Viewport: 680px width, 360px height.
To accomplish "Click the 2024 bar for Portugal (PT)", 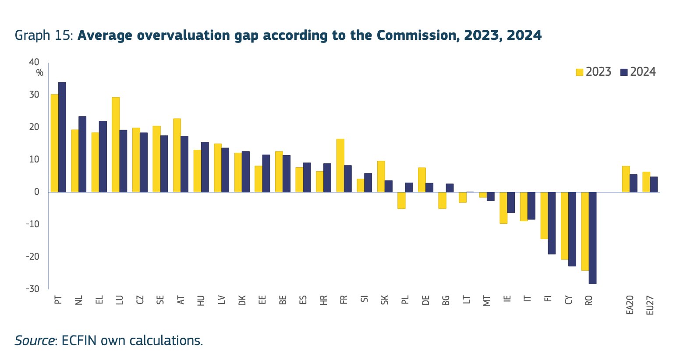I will tap(62, 137).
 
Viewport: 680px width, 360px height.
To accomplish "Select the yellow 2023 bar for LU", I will tap(116, 145).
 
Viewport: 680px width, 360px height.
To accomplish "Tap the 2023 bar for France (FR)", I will tap(340, 165).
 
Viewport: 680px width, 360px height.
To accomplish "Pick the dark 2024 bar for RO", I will tap(592, 238).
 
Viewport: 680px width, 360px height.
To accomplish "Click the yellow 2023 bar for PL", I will tap(401, 200).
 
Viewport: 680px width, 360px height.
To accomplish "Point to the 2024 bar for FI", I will tap(552, 223).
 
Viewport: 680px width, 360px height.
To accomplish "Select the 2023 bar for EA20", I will tap(626, 179).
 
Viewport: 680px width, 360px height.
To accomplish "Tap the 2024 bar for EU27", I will tap(654, 184).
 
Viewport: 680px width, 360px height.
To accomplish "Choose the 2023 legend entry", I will tap(593, 72).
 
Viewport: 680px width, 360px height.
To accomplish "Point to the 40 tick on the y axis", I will tap(34, 62).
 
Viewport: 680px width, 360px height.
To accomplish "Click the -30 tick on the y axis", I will tap(32, 289).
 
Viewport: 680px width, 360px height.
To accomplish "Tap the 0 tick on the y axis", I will tap(37, 192).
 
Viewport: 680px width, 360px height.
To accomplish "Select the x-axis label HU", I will tap(201, 300).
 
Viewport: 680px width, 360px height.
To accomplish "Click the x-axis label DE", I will tap(425, 300).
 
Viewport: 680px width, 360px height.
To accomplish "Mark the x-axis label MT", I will tap(487, 300).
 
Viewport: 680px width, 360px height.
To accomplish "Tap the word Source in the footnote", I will tap(34, 340).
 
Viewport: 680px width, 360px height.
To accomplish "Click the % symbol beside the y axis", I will tap(40, 73).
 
